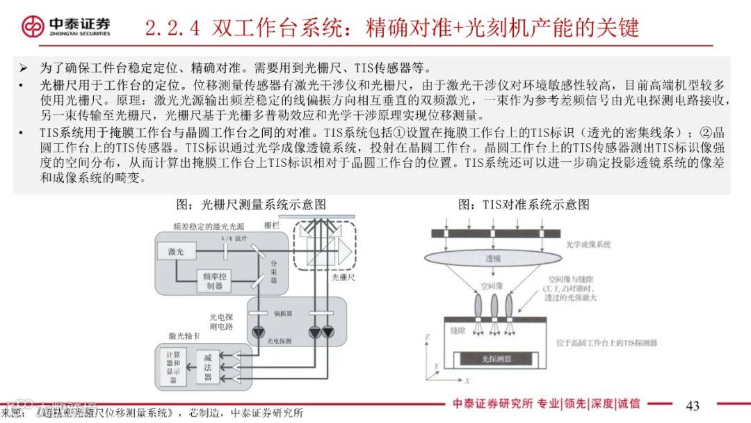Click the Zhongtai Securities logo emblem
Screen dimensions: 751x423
point(32,26)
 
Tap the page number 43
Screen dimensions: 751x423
point(693,406)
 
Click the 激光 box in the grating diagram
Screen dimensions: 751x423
point(176,251)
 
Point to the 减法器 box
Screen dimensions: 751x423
point(207,366)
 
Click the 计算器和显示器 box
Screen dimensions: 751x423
point(173,366)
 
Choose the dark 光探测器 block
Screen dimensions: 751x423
point(496,359)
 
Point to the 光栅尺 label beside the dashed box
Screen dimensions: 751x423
point(343,277)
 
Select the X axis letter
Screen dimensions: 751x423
point(468,380)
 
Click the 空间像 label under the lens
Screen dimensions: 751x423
point(492,286)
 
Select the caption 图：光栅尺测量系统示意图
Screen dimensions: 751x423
point(251,205)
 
